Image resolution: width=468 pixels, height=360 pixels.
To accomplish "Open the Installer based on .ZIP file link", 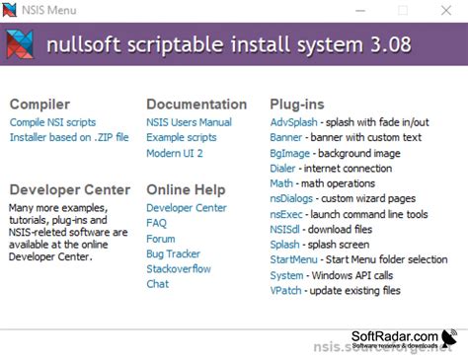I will click(69, 137).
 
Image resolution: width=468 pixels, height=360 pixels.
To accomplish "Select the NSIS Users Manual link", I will click(189, 122).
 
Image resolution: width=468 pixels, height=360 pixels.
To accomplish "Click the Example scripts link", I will click(181, 137).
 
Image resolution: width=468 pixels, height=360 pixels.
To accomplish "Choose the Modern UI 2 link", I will click(175, 153).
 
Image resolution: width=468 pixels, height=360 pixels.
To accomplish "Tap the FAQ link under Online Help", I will click(156, 223).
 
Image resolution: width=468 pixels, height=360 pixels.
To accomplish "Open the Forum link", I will click(161, 239).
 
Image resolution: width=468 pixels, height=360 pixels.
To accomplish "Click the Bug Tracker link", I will click(173, 253).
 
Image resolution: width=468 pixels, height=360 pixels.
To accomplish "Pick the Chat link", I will click(157, 284).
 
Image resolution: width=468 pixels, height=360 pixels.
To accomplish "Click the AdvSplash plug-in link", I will click(293, 122).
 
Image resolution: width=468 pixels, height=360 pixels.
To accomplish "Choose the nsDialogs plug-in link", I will click(292, 198).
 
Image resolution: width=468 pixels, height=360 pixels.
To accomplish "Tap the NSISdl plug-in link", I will click(287, 229).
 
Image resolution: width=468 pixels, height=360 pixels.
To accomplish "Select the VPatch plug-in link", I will click(286, 290).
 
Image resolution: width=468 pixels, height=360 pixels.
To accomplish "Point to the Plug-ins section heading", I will click(296, 104).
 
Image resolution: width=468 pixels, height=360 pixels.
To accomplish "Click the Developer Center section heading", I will click(69, 189).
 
